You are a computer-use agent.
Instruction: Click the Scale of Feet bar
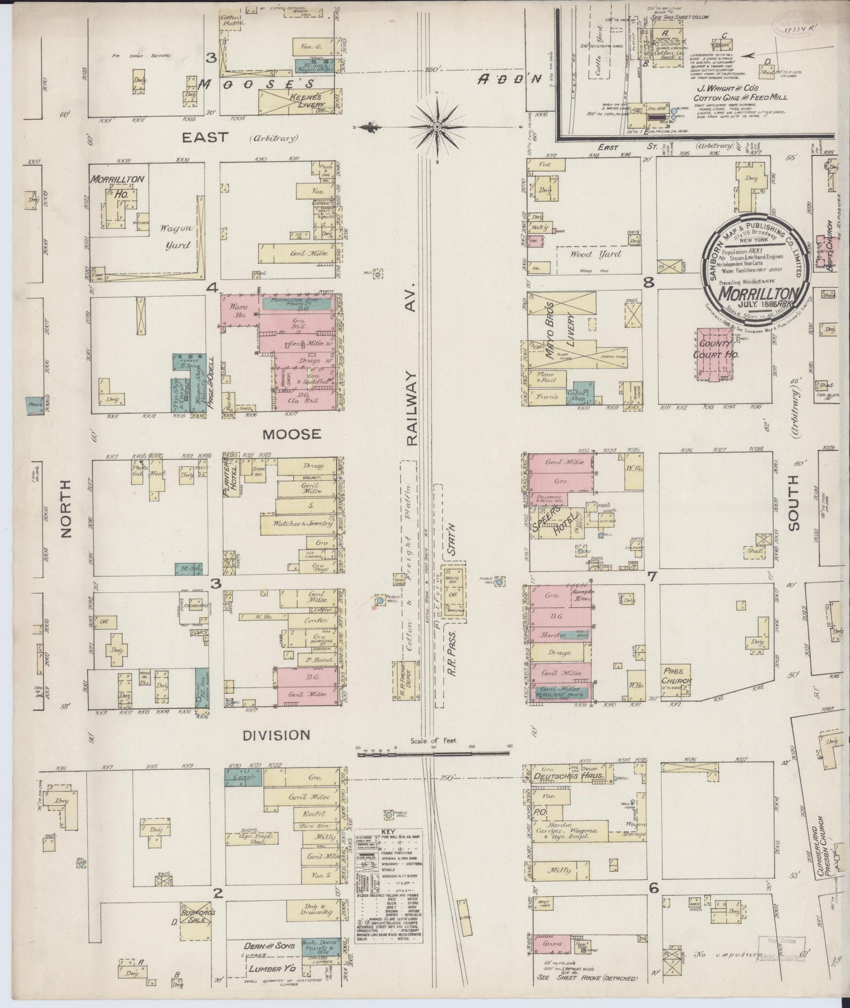click(434, 755)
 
